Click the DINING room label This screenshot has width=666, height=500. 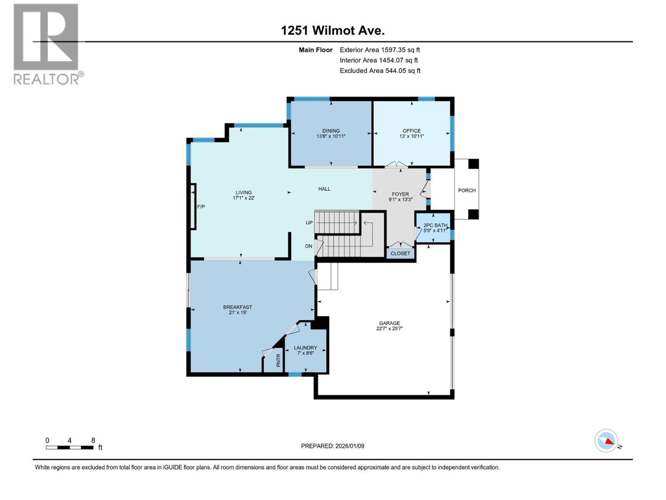click(331, 130)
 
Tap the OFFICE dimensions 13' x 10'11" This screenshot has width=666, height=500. click(411, 136)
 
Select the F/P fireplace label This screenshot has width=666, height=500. click(201, 207)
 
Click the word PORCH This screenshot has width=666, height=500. click(467, 190)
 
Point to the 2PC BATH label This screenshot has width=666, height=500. click(435, 225)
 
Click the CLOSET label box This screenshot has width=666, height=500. click(400, 253)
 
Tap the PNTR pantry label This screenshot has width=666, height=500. click(278, 360)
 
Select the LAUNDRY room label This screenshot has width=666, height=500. click(305, 347)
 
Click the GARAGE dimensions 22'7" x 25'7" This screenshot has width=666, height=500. click(389, 329)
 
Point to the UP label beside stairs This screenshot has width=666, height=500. click(309, 222)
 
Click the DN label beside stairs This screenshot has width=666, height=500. click(308, 246)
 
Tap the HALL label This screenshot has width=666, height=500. click(324, 189)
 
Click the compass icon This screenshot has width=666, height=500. click(606, 441)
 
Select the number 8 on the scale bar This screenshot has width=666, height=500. click(93, 440)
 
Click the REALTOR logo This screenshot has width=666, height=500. click(46, 44)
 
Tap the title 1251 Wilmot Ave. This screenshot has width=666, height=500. click(333, 30)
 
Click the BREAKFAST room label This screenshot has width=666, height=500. click(238, 307)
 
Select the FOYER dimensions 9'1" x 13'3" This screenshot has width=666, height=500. click(400, 200)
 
